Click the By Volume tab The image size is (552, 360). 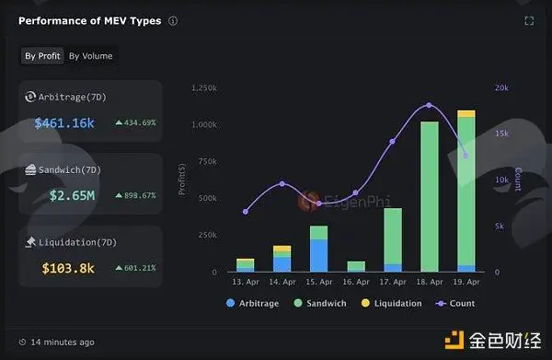pos(91,56)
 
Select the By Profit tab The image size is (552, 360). pos(42,56)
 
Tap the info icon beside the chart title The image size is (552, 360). pos(173,21)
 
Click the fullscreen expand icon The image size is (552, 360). pos(529,21)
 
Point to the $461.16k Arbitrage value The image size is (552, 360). pos(64,123)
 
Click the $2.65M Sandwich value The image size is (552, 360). pos(72,195)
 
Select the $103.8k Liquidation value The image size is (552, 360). pos(68,269)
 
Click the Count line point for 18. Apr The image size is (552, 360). pos(429,105)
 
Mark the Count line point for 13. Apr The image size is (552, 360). pos(246,212)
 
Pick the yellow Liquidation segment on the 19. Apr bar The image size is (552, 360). pos(466,114)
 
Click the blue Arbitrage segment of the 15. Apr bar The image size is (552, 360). pos(319,256)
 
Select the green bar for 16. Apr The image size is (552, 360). pos(356,266)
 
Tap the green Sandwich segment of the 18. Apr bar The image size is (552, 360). pos(430,196)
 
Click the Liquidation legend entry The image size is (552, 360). pos(392,303)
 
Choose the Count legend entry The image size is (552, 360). pos(455,303)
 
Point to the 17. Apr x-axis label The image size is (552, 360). pos(393,282)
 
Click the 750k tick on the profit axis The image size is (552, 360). pos(208,161)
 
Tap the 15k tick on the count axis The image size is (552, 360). pos(501,134)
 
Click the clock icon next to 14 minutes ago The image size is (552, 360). pos(22,342)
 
